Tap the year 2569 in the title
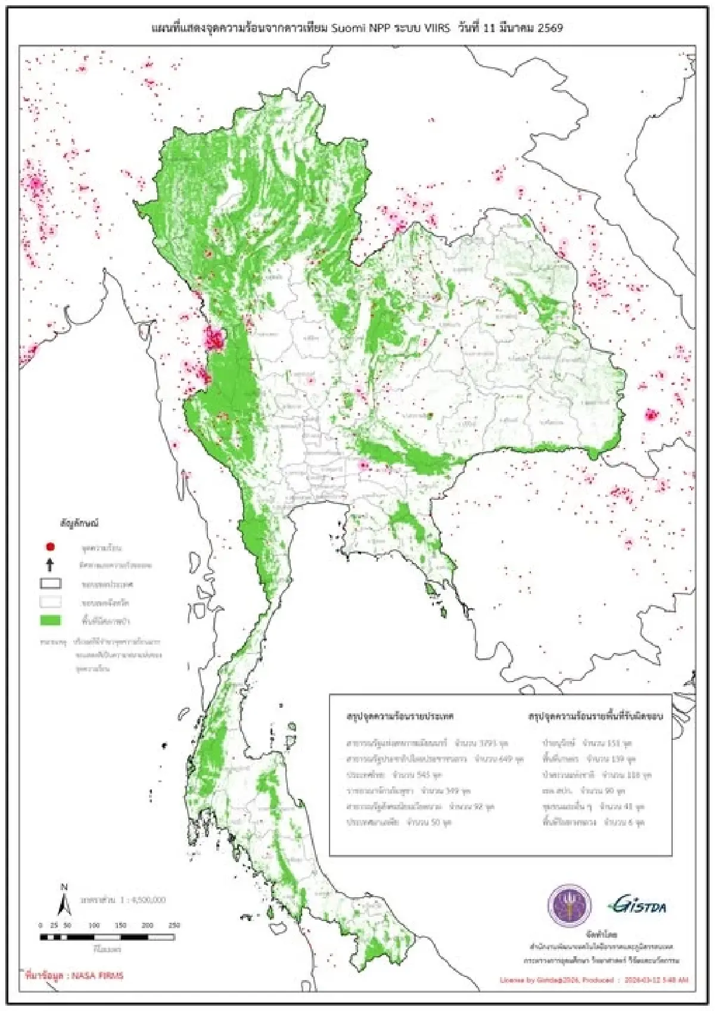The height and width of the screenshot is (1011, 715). click(550, 27)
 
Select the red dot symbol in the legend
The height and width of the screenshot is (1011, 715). click(51, 546)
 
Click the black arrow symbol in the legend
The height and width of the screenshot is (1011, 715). click(51, 565)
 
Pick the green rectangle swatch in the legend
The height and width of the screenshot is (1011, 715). click(51, 620)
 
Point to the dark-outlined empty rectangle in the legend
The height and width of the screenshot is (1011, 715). click(51, 583)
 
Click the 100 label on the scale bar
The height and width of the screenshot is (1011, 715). click(94, 925)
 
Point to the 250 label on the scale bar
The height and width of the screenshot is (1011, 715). click(174, 925)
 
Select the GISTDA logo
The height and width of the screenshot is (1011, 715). click(637, 906)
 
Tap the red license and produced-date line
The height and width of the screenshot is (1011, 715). click(593, 979)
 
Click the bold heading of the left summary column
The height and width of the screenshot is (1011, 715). click(400, 716)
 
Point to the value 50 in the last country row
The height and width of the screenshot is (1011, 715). click(437, 822)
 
